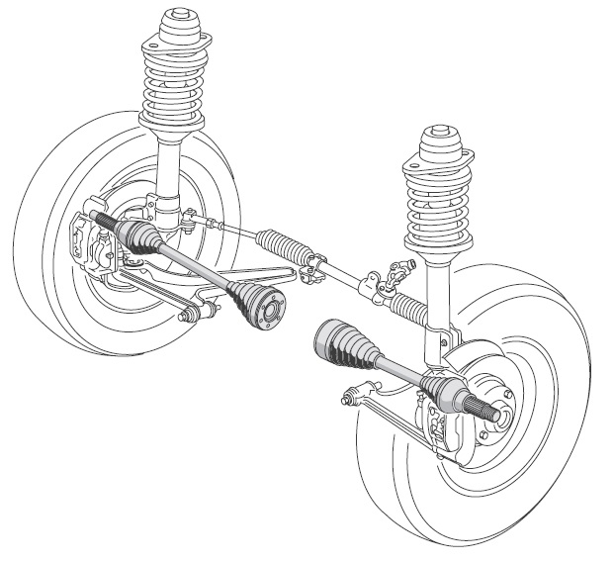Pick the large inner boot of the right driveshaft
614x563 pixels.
340,345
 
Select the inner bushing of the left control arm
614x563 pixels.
187,315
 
